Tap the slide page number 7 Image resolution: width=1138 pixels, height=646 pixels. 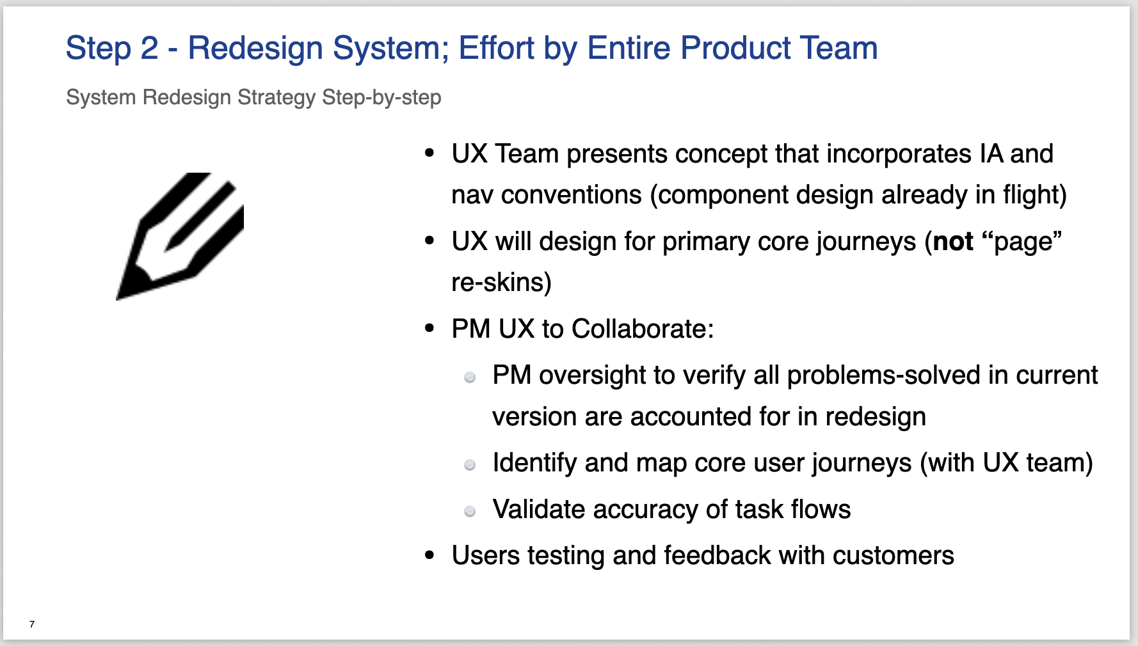tap(32, 624)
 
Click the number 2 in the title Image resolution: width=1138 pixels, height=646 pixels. tap(149, 49)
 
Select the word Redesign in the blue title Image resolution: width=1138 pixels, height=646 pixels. tap(255, 49)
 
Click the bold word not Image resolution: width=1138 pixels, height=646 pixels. tap(953, 242)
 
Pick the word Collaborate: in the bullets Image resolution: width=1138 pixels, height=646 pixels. tap(643, 329)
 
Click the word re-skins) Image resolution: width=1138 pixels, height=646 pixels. tap(501, 282)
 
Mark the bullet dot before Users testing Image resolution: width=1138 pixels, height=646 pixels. tap(429, 556)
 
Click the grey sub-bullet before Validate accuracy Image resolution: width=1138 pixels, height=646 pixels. tap(470, 511)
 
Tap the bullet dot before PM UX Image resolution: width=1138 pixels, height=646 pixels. tap(429, 329)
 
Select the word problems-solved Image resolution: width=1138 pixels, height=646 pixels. tap(884, 376)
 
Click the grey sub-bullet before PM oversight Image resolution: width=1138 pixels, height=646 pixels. tap(470, 377)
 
